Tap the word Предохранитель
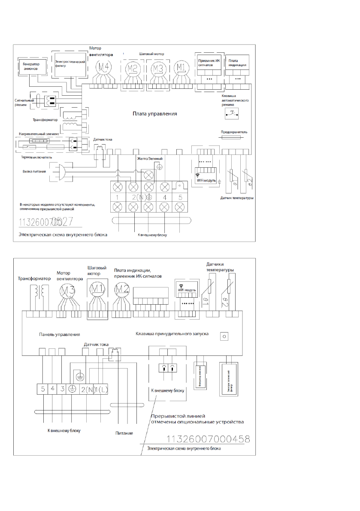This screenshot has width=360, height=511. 234,132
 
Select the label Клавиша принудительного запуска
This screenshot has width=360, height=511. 172,333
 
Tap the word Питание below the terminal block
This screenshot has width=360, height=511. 124,433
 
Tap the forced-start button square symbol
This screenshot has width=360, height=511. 223,336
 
